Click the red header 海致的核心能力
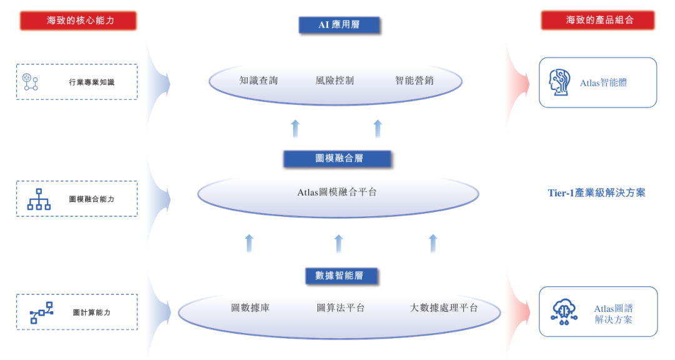[x=78, y=21]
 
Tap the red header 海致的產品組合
[x=598, y=20]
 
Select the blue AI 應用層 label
[x=339, y=25]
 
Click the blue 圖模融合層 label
[x=337, y=159]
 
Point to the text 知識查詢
[x=259, y=81]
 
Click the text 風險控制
[x=334, y=81]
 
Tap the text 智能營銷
[x=414, y=81]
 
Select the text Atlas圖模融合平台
[x=337, y=192]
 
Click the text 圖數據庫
[x=250, y=308]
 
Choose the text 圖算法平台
[x=341, y=308]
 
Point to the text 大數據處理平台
[x=444, y=308]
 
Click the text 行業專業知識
[x=92, y=82]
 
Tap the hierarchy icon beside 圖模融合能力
[x=39, y=199]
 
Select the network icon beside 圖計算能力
[x=41, y=312]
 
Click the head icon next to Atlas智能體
[x=559, y=82]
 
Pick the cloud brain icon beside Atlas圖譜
[x=564, y=312]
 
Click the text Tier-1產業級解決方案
[x=597, y=193]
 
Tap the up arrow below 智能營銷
[x=378, y=129]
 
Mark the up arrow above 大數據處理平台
[x=433, y=243]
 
